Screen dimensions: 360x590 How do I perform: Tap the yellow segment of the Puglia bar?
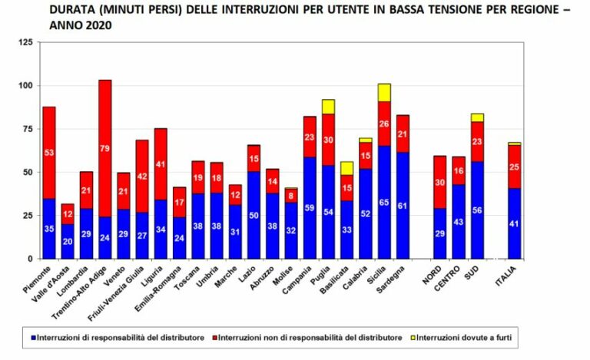tap(328, 107)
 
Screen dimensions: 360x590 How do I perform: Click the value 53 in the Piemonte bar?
tap(48, 153)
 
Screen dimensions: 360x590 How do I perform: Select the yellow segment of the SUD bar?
tap(477, 117)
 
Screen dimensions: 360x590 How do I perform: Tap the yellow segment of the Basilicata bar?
tap(346, 168)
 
